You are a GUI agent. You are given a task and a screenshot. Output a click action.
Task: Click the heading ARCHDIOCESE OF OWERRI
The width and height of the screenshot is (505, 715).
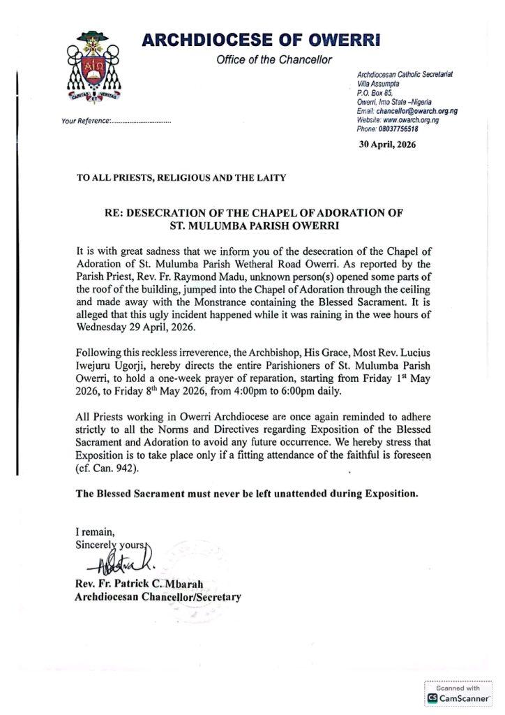(261, 40)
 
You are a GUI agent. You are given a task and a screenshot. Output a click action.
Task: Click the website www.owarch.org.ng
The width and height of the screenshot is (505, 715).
(411, 120)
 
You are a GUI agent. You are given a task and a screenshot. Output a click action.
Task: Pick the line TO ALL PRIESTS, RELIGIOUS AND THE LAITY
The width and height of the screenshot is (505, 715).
(181, 177)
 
